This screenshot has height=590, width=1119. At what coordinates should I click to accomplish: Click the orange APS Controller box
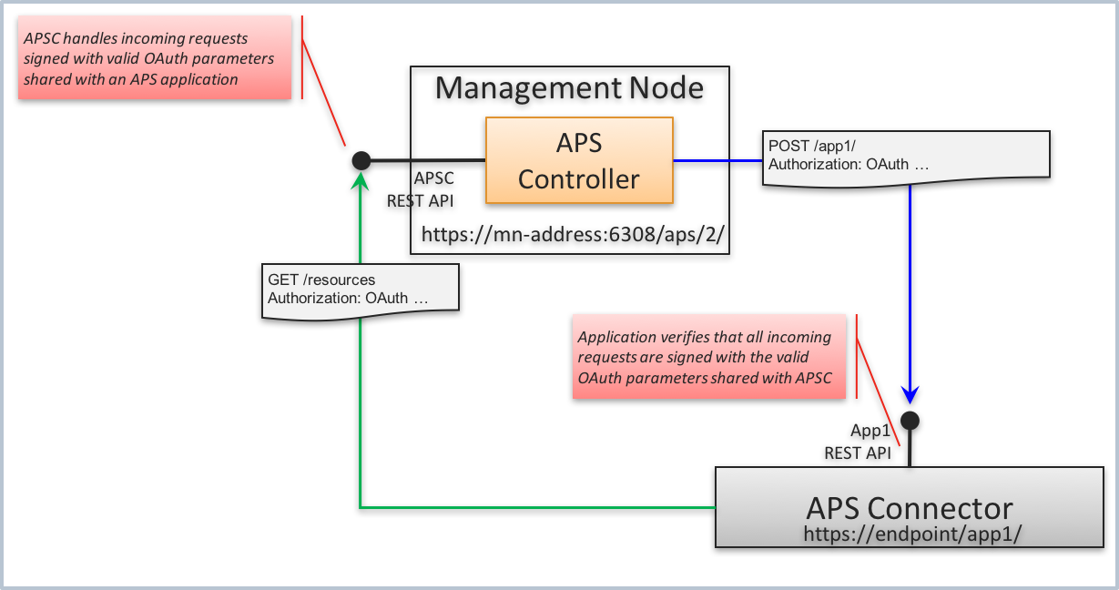[x=579, y=160]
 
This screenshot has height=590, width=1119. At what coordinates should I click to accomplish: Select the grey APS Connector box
[x=909, y=507]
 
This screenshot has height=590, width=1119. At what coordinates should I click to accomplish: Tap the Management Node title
[x=569, y=87]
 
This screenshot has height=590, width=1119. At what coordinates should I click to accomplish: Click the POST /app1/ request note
[x=905, y=155]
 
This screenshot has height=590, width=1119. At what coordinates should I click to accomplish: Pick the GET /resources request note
[x=360, y=290]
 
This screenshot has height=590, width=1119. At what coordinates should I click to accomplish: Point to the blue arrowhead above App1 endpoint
[x=910, y=393]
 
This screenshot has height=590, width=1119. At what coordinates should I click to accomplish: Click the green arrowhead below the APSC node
[x=361, y=182]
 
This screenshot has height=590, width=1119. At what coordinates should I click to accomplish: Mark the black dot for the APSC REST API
[x=361, y=160]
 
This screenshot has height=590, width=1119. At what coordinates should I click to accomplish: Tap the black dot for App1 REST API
[x=910, y=420]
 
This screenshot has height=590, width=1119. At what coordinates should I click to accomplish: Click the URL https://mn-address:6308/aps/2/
[x=573, y=235]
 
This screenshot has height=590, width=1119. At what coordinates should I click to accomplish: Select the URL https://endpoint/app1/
[x=909, y=533]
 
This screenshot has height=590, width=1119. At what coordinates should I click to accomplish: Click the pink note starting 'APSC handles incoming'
[x=154, y=59]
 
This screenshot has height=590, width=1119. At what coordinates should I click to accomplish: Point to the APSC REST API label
[x=421, y=189]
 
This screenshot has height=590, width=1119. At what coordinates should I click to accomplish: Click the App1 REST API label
[x=858, y=442]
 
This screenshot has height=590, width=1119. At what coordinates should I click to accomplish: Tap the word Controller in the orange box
[x=579, y=178]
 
